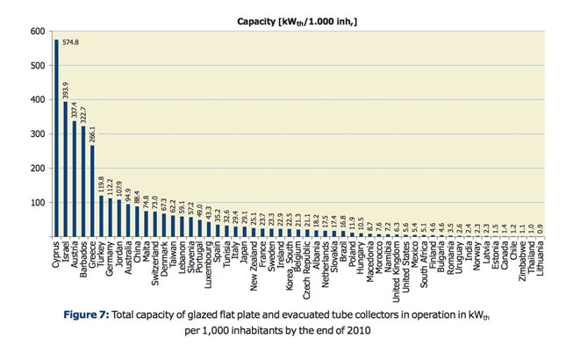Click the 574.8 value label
point(70,41)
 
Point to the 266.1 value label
point(92,133)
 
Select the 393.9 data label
point(65,90)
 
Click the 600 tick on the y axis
point(39,32)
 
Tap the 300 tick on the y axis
point(39,134)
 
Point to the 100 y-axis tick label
point(39,203)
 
